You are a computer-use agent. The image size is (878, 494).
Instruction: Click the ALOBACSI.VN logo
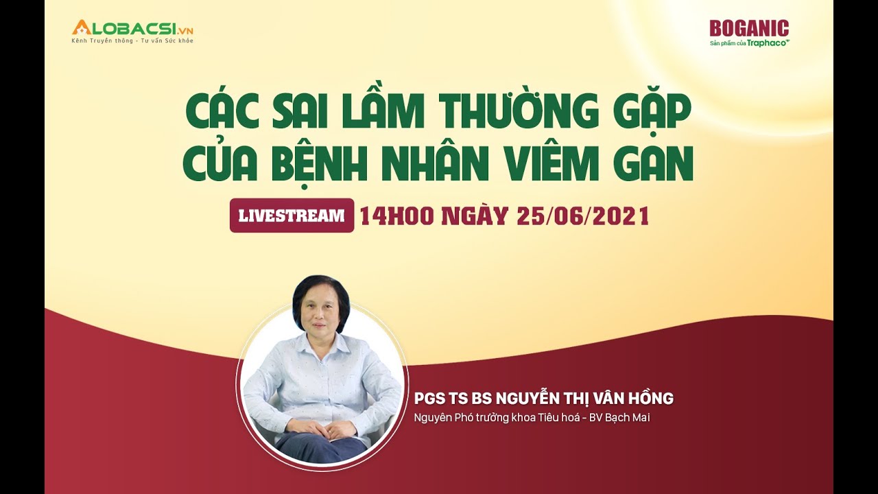[x=132, y=28]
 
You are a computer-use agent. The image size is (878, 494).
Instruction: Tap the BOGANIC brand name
[x=749, y=28]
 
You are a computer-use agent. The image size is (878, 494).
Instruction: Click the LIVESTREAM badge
[x=292, y=215]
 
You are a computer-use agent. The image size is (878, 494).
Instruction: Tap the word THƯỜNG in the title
[x=521, y=112]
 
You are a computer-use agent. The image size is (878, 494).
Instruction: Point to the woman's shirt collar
[x=320, y=342]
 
